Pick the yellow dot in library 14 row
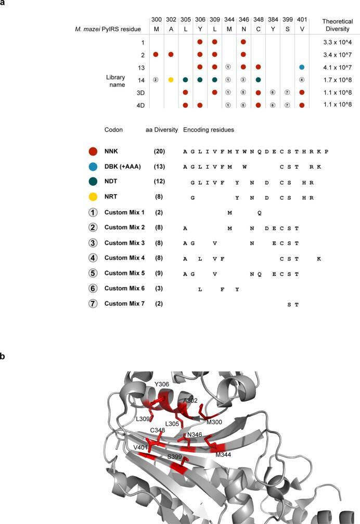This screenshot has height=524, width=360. [170, 80]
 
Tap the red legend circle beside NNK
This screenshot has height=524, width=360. [93, 151]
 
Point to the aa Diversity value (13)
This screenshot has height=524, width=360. [160, 164]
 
